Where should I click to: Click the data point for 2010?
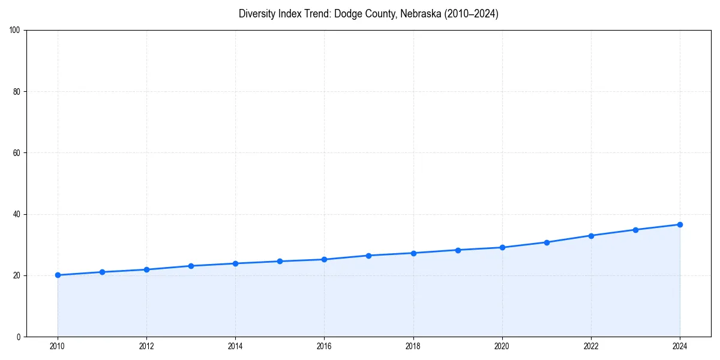pyautogui.click(x=58, y=275)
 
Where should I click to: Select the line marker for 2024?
pyautogui.click(x=680, y=224)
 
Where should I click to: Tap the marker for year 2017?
pyautogui.click(x=368, y=256)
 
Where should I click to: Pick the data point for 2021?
pyautogui.click(x=547, y=242)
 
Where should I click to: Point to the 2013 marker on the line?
pyautogui.click(x=191, y=266)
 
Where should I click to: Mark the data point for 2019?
pyautogui.click(x=458, y=250)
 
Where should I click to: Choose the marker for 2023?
pyautogui.click(x=635, y=230)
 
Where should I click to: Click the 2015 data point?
pyautogui.click(x=280, y=261)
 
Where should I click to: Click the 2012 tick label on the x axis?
pyautogui.click(x=146, y=346)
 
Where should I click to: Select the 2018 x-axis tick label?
pyautogui.click(x=413, y=346)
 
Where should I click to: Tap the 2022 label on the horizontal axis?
pyautogui.click(x=591, y=346)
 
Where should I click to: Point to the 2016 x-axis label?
pyautogui.click(x=324, y=346)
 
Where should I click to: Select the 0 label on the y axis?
pyautogui.click(x=19, y=337)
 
